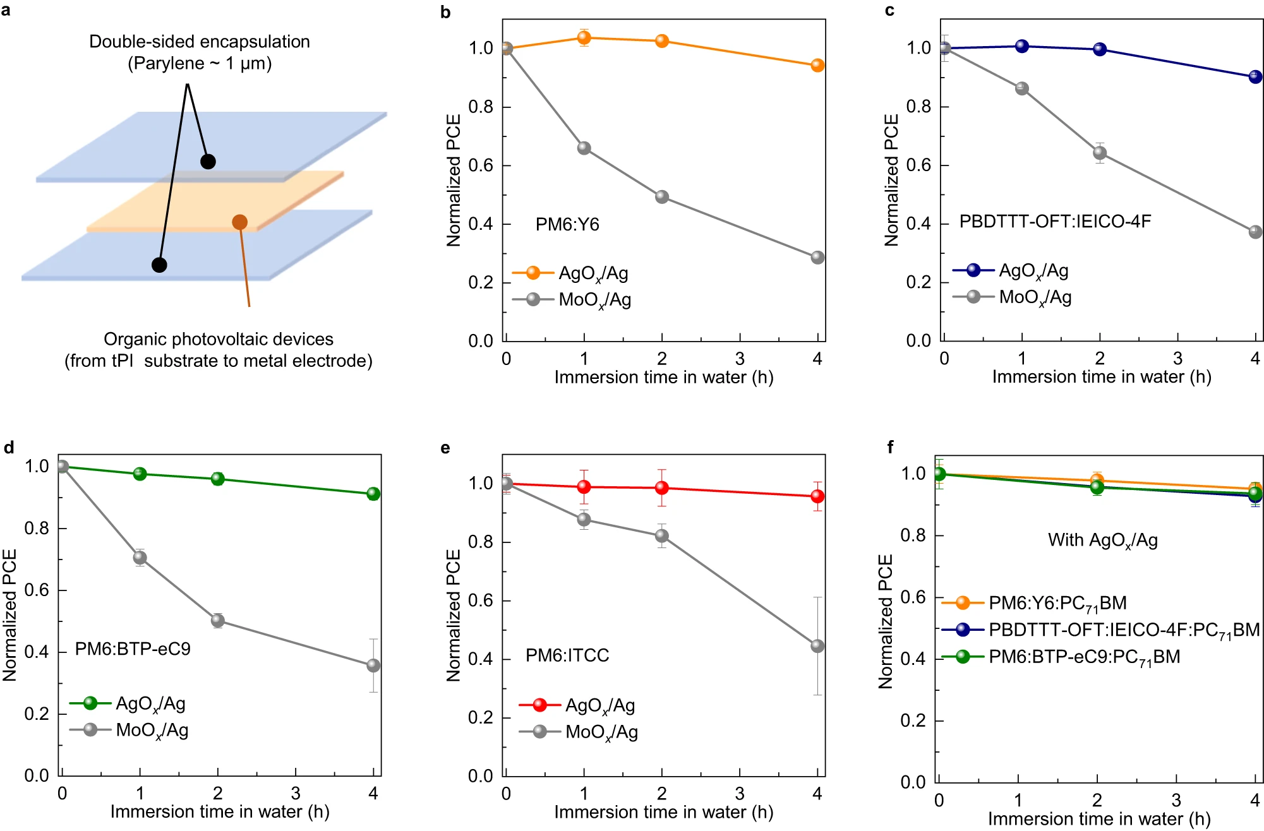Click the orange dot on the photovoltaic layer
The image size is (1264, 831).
click(239, 222)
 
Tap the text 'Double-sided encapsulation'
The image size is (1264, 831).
click(200, 42)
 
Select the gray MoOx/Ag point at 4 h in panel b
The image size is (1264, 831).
click(817, 258)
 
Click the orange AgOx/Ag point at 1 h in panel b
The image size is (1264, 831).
click(584, 38)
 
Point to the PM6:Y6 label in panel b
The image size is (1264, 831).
click(567, 224)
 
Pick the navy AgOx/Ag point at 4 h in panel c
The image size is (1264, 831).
click(1256, 77)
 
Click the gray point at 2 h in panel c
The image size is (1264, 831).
click(1100, 153)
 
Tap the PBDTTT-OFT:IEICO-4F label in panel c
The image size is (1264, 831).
click(1055, 222)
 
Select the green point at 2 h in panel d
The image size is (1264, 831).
click(218, 479)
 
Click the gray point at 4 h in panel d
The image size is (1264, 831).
click(373, 666)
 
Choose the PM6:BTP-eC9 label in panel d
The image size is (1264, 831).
click(133, 649)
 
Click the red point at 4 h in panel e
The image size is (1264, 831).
click(817, 496)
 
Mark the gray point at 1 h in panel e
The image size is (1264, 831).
click(584, 520)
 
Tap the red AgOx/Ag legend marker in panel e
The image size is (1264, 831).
click(539, 705)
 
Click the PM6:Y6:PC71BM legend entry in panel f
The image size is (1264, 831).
click(1057, 603)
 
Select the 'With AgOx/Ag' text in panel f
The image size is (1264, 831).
click(1102, 541)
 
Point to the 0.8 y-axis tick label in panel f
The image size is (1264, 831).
click(913, 535)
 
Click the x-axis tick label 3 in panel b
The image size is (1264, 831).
click(740, 359)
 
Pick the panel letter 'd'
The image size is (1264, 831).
click(9, 448)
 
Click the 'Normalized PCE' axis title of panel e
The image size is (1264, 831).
click(454, 615)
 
